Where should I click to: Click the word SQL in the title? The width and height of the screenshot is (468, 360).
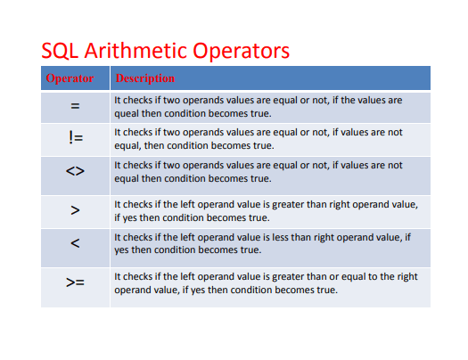pyautogui.click(x=60, y=51)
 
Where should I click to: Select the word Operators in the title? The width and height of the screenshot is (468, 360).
pyautogui.click(x=242, y=51)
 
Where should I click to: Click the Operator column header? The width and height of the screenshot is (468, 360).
pyautogui.click(x=70, y=78)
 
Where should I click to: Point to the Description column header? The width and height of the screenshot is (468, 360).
pyautogui.click(x=145, y=78)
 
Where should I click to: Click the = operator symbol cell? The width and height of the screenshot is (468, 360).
pyautogui.click(x=75, y=106)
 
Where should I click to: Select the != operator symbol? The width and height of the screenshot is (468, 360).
pyautogui.click(x=76, y=138)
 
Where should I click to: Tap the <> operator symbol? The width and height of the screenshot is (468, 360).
pyautogui.click(x=75, y=171)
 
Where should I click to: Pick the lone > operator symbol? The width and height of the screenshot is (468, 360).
pyautogui.click(x=75, y=210)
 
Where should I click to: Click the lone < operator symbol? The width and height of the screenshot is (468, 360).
pyautogui.click(x=75, y=243)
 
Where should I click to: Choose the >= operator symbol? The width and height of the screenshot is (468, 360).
pyautogui.click(x=75, y=282)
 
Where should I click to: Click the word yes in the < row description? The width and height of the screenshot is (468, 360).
pyautogui.click(x=121, y=250)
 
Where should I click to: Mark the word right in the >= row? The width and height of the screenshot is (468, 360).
pyautogui.click(x=407, y=277)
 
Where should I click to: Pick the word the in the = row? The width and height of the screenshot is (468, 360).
pyautogui.click(x=348, y=100)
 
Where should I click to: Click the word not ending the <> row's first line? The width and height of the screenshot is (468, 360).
pyautogui.click(x=395, y=166)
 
